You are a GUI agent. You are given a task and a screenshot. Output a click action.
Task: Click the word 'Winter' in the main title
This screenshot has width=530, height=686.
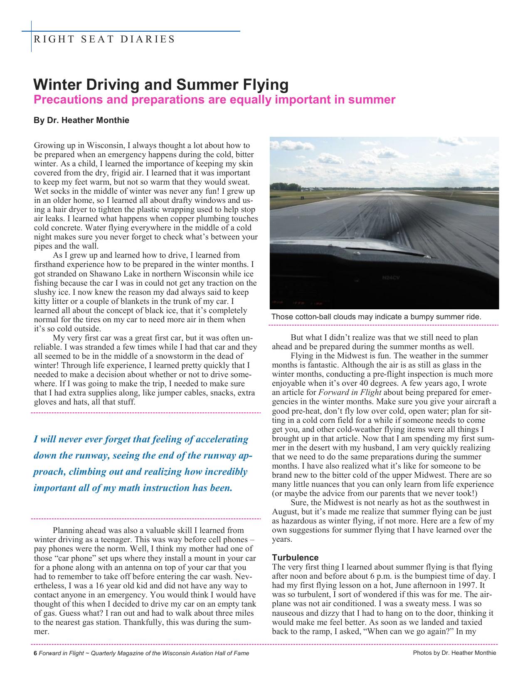point(57,85)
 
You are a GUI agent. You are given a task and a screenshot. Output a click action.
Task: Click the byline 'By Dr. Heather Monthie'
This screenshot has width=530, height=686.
point(81,121)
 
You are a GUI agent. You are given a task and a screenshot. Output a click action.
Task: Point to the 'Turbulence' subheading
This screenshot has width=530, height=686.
point(295,558)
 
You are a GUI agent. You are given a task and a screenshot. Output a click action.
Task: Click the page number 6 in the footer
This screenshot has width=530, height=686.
point(35,653)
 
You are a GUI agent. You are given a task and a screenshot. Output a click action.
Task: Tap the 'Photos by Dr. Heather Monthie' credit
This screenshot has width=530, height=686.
point(454,653)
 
